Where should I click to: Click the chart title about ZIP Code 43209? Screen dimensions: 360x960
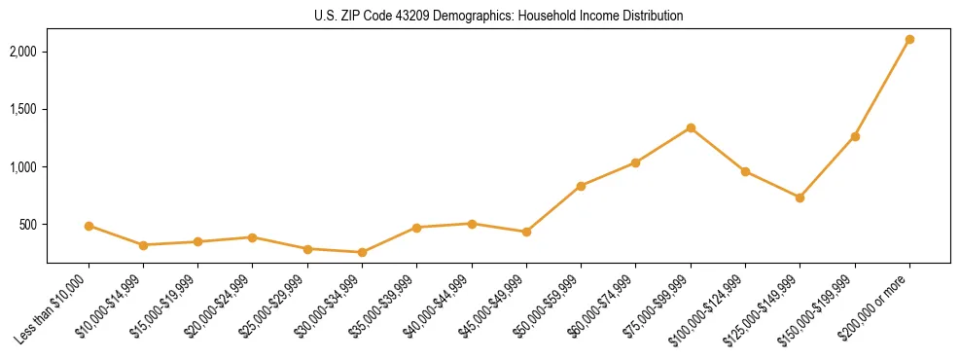click(498, 16)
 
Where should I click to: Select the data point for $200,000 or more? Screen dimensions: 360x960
click(909, 40)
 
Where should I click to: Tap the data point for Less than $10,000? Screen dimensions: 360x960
click(89, 226)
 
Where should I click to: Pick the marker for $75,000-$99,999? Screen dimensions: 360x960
click(691, 127)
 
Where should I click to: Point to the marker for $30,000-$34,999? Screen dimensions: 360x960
click(362, 252)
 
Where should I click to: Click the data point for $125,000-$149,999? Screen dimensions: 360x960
click(800, 198)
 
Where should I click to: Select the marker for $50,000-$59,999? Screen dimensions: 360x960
click(581, 186)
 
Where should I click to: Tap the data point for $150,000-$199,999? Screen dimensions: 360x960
click(855, 136)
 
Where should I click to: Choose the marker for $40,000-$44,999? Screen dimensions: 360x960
click(472, 224)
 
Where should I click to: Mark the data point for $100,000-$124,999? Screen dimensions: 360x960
click(745, 171)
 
